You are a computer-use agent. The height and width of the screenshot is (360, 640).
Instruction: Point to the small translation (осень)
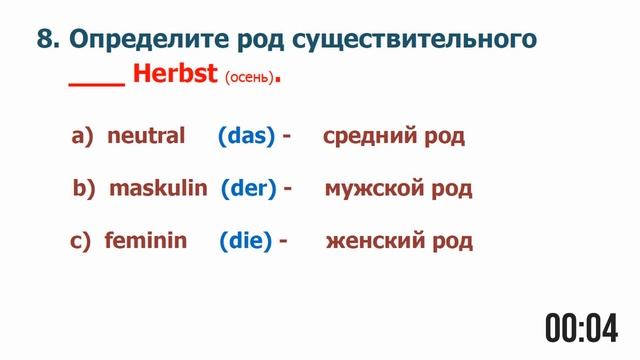[247, 78]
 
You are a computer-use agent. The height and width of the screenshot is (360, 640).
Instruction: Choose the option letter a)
[82, 136]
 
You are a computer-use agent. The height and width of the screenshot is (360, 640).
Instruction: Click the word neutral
[146, 136]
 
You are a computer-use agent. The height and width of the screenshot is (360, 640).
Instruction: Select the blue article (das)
[246, 136]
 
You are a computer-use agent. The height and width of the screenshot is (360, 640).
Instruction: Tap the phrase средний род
[394, 136]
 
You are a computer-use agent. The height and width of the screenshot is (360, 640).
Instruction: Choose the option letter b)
[84, 188]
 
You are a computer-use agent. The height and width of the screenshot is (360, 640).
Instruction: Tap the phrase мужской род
[398, 188]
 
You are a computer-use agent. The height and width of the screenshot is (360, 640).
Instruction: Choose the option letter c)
[82, 241]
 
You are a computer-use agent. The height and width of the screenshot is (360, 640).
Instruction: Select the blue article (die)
[245, 241]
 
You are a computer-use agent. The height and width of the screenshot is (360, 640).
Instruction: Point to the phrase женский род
[399, 241]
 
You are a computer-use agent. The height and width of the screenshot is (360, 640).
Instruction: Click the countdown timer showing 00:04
[584, 326]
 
